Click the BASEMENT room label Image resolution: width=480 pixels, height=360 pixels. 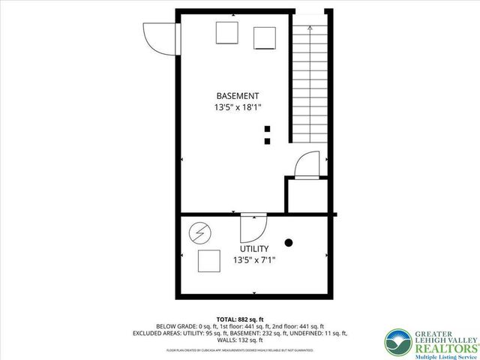click(238, 96)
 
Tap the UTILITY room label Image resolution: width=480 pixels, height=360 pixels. click(254, 248)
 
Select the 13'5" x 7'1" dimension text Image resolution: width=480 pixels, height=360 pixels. click(254, 260)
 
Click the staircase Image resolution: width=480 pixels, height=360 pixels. click(307, 82)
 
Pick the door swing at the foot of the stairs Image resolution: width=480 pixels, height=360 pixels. click(308, 166)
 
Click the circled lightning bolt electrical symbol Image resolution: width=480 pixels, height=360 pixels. click(199, 235)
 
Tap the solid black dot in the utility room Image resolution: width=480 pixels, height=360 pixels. click(289, 242)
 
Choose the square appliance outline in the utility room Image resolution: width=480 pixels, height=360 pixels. click(208, 262)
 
